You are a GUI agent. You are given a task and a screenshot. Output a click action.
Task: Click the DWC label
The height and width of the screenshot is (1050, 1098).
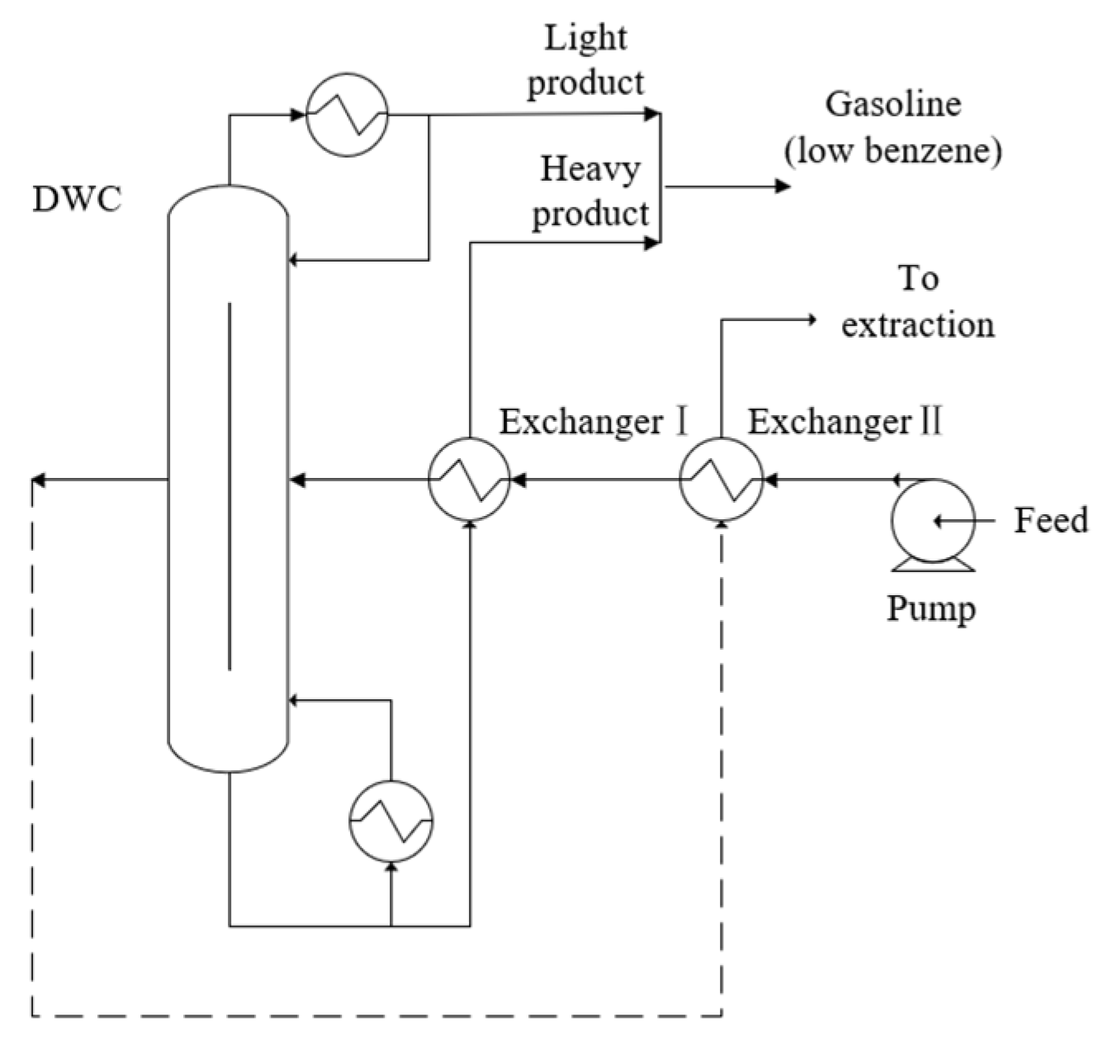pos(77,199)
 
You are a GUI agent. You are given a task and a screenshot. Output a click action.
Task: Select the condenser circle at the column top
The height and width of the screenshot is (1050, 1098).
pos(347,115)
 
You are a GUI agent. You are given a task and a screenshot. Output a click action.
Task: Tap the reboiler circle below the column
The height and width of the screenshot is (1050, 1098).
pos(390,821)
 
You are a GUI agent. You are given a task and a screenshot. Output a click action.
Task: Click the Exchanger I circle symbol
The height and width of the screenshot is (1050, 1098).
pos(469,479)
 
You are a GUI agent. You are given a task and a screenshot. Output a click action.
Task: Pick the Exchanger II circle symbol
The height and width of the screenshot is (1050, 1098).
pos(721,479)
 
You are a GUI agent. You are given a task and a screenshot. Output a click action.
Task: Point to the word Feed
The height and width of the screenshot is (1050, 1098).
pos(1050,521)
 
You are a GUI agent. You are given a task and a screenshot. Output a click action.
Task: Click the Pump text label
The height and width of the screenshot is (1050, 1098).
pos(931,609)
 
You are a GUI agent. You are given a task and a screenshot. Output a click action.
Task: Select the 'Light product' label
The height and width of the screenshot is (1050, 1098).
pos(585,60)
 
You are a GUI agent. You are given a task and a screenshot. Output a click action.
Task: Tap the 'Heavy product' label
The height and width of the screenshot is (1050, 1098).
pos(590,192)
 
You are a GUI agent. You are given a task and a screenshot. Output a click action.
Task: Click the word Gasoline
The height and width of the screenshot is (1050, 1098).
pos(893,105)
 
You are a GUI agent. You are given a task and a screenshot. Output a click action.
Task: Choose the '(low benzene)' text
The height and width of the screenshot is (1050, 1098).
pos(893,151)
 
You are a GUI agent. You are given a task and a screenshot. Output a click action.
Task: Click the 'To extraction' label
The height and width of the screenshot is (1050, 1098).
pos(917,301)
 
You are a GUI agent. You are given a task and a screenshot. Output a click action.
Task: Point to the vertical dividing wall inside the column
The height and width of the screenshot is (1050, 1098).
pos(230,487)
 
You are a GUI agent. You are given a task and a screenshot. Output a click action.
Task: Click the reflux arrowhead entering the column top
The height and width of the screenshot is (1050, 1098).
pos(295,260)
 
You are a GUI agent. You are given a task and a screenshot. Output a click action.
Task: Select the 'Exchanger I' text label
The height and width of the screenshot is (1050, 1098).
pos(593,422)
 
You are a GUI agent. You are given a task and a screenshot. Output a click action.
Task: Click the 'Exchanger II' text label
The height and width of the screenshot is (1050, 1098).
pos(845,422)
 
